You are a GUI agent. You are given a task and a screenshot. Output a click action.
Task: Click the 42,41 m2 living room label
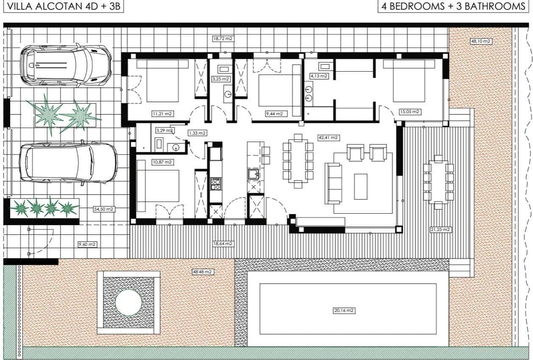click(328, 137)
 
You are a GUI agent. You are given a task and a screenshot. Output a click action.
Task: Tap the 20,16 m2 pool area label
click(344, 310)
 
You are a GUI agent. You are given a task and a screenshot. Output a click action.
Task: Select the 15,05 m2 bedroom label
click(410, 112)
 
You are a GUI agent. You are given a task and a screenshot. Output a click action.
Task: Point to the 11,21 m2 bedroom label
click(163, 114)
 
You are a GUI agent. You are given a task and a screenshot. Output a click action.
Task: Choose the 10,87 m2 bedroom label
click(162, 162)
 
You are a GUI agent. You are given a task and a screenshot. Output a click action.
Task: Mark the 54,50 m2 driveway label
click(104, 209)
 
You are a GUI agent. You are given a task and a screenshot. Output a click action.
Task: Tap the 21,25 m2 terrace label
click(440, 229)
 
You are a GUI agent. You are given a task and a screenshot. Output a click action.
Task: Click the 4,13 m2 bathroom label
click(319, 76)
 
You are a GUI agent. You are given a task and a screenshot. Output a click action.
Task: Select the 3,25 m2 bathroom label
click(221, 79)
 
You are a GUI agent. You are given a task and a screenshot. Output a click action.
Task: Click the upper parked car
click(66, 66)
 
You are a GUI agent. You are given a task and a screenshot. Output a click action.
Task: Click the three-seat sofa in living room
click(333, 183)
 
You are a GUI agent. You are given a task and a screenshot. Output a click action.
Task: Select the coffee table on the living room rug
click(361, 186)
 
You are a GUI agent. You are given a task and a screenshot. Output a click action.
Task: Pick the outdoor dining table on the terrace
click(438, 182)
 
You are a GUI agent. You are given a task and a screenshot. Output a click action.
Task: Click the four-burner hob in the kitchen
click(216, 184)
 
